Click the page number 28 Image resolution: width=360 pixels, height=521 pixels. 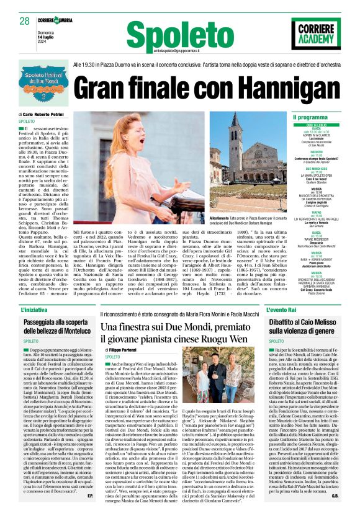24,21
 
